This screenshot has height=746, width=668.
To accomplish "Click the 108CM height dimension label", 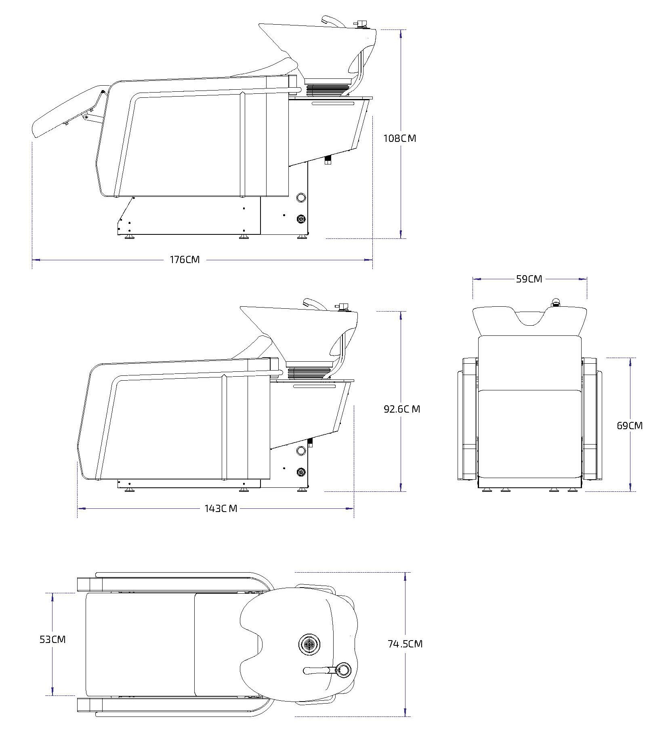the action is (399, 138).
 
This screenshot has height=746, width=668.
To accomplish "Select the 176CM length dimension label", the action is (185, 259).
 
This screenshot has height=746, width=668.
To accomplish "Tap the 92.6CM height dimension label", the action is (402, 409).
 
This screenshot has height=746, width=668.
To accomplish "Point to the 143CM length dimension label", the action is (221, 508).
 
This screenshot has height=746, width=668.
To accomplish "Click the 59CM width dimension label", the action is (529, 279).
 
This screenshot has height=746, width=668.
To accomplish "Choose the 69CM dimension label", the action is (630, 426).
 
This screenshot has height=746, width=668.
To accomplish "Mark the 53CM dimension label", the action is (53, 640).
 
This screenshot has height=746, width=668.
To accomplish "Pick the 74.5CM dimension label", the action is (405, 644).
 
